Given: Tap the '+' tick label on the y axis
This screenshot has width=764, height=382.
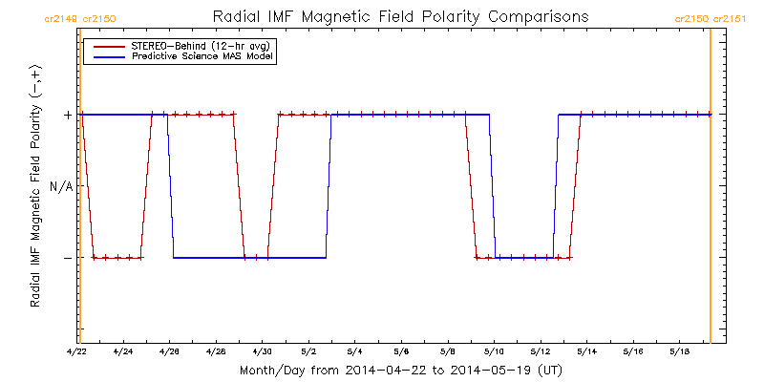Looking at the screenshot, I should pyautogui.click(x=68, y=116).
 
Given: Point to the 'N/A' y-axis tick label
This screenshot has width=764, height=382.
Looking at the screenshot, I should pyautogui.click(x=61, y=186).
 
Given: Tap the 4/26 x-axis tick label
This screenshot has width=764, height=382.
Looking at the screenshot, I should pyautogui.click(x=170, y=351).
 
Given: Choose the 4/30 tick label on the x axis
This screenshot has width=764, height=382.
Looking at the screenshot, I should pyautogui.click(x=263, y=351).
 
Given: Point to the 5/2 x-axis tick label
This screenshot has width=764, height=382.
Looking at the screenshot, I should pyautogui.click(x=308, y=351).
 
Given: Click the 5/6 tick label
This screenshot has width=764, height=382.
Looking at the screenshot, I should pyautogui.click(x=401, y=351).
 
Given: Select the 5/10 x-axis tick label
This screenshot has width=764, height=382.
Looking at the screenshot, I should pyautogui.click(x=494, y=351).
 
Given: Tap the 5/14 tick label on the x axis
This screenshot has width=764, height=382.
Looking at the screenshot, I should pyautogui.click(x=586, y=351).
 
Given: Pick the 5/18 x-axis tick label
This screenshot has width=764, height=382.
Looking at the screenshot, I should pyautogui.click(x=679, y=351).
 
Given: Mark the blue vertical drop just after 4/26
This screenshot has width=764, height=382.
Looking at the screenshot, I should pyautogui.click(x=170, y=186).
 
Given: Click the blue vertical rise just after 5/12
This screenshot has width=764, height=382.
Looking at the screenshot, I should pyautogui.click(x=556, y=186).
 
